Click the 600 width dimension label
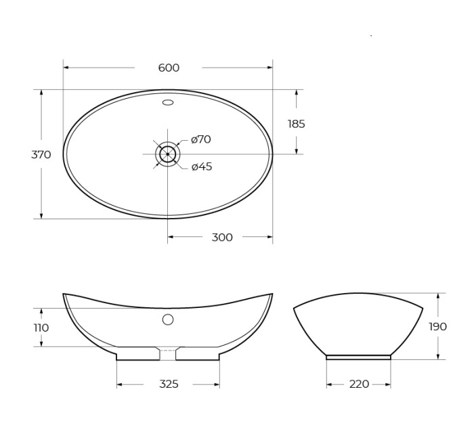point(169,68)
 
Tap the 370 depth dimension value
point(41,154)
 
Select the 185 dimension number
point(296,124)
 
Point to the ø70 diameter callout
point(200,139)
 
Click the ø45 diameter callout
point(201,166)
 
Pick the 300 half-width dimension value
point(222,237)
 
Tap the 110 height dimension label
point(41,328)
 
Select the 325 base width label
point(169,384)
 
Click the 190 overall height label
point(437,326)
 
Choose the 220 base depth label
point(359,384)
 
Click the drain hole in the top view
point(168,154)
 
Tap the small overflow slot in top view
point(168,103)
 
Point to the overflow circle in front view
point(168,319)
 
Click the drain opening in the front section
point(168,354)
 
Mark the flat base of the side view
point(358,357)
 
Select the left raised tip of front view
point(65,295)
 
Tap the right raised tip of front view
point(271,295)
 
